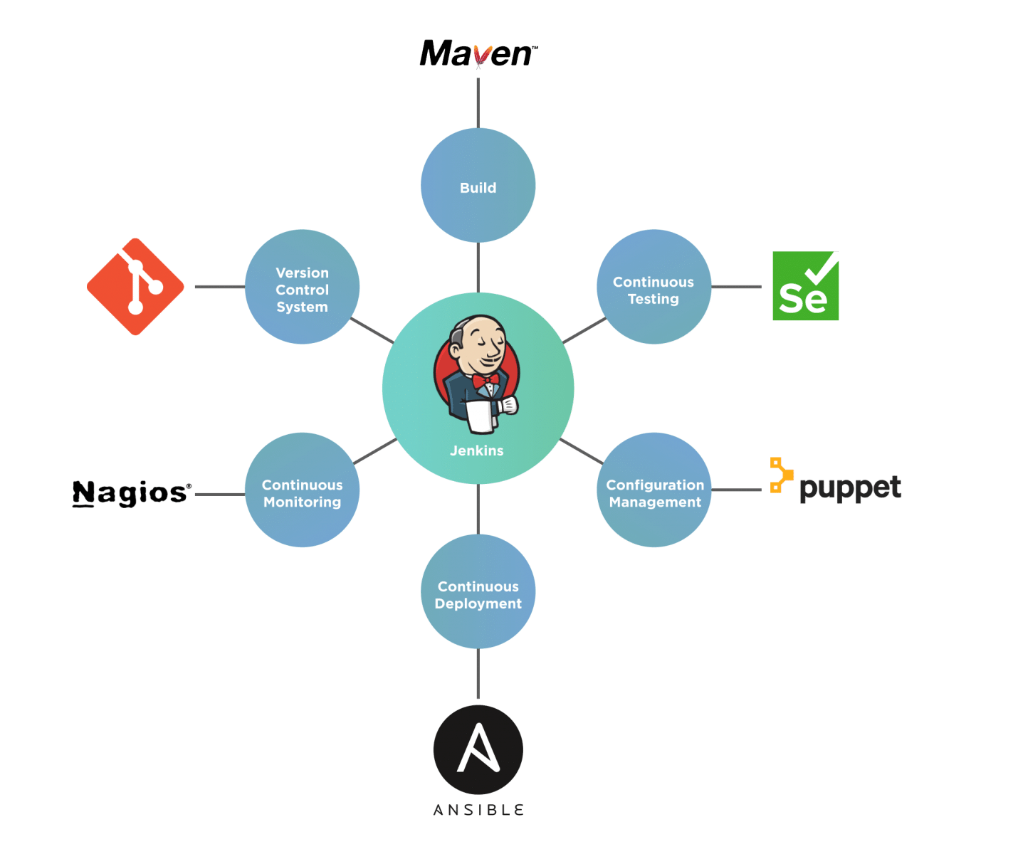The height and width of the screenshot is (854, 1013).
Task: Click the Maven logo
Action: tap(478, 53)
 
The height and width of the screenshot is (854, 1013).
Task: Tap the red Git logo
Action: tap(135, 287)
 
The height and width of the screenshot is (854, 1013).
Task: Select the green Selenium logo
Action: tap(805, 286)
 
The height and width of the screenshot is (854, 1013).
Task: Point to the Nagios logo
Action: tap(132, 492)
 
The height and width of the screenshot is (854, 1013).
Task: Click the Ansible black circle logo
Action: tap(478, 749)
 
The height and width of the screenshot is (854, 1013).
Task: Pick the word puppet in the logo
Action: tap(850, 489)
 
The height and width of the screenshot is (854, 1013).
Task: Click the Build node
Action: tap(478, 186)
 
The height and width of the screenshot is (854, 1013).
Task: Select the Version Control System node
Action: tap(303, 288)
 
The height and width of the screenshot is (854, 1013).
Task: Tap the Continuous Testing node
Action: tap(654, 288)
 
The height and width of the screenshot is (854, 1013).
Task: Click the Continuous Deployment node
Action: tap(478, 592)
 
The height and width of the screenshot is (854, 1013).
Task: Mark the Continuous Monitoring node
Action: tap(303, 490)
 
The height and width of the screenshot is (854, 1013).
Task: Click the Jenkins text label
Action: tap(477, 450)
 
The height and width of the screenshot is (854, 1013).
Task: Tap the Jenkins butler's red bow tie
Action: tap(485, 381)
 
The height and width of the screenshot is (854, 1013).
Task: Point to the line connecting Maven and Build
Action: tap(478, 101)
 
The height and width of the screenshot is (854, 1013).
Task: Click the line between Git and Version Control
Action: tap(219, 288)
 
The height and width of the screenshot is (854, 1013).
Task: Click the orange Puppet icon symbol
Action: tap(781, 475)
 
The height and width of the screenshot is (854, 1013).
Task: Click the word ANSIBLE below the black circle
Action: tap(478, 810)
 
